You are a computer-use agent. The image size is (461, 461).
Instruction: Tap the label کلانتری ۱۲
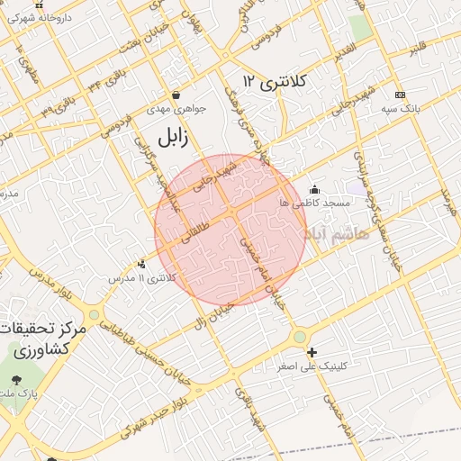(275, 83)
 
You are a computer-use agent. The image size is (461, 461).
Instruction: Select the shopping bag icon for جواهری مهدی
(176, 95)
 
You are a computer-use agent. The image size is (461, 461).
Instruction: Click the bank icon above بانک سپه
(400, 95)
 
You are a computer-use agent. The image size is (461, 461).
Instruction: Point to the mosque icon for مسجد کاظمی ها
(314, 189)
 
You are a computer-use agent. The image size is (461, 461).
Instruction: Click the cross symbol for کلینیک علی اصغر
(312, 352)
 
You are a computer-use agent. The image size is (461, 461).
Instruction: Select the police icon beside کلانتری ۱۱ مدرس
(141, 264)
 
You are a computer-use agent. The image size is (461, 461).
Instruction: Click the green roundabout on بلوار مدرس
(94, 314)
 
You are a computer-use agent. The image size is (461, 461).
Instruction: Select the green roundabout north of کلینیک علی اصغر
(299, 337)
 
